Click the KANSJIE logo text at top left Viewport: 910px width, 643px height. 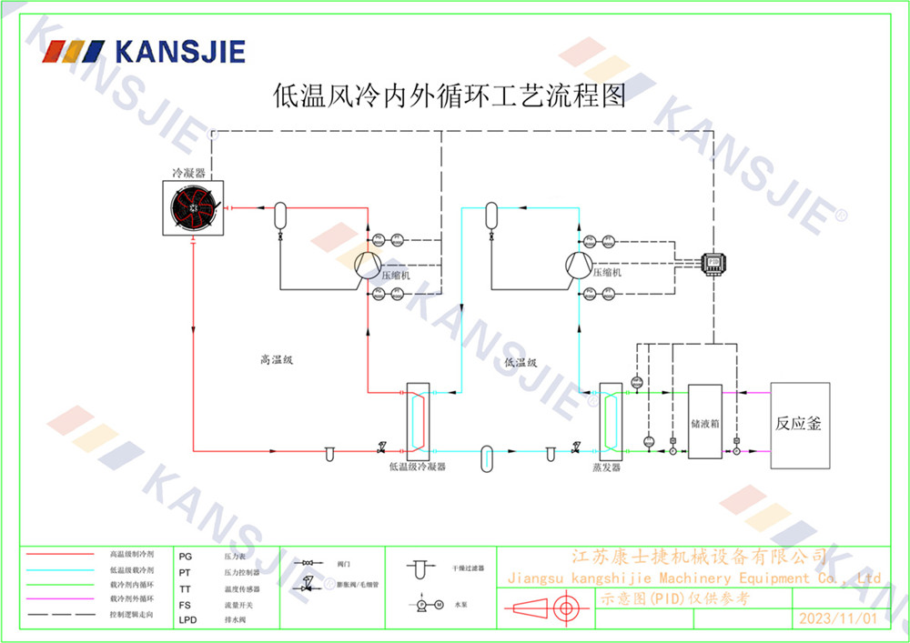point(177,52)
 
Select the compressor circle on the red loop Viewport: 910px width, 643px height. point(367,264)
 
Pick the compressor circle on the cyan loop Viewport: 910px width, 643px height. point(579,264)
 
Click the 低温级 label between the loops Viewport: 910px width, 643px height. point(521,362)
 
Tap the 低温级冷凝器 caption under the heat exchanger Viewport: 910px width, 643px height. point(418,467)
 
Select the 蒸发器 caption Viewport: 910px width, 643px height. point(606,467)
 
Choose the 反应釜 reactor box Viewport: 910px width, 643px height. point(799,425)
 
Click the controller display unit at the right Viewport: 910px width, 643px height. point(713,261)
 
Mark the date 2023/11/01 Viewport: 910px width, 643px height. point(837,618)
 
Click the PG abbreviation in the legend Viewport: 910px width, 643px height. point(186,555)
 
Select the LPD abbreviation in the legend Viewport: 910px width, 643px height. point(188,620)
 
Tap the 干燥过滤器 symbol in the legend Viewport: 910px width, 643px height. point(419,569)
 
